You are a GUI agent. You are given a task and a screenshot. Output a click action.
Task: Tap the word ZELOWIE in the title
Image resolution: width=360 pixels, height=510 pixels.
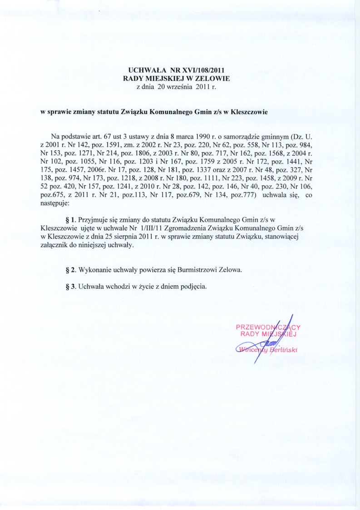(x=214, y=78)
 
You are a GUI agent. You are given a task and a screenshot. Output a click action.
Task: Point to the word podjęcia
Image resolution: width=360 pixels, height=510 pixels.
(x=192, y=287)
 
